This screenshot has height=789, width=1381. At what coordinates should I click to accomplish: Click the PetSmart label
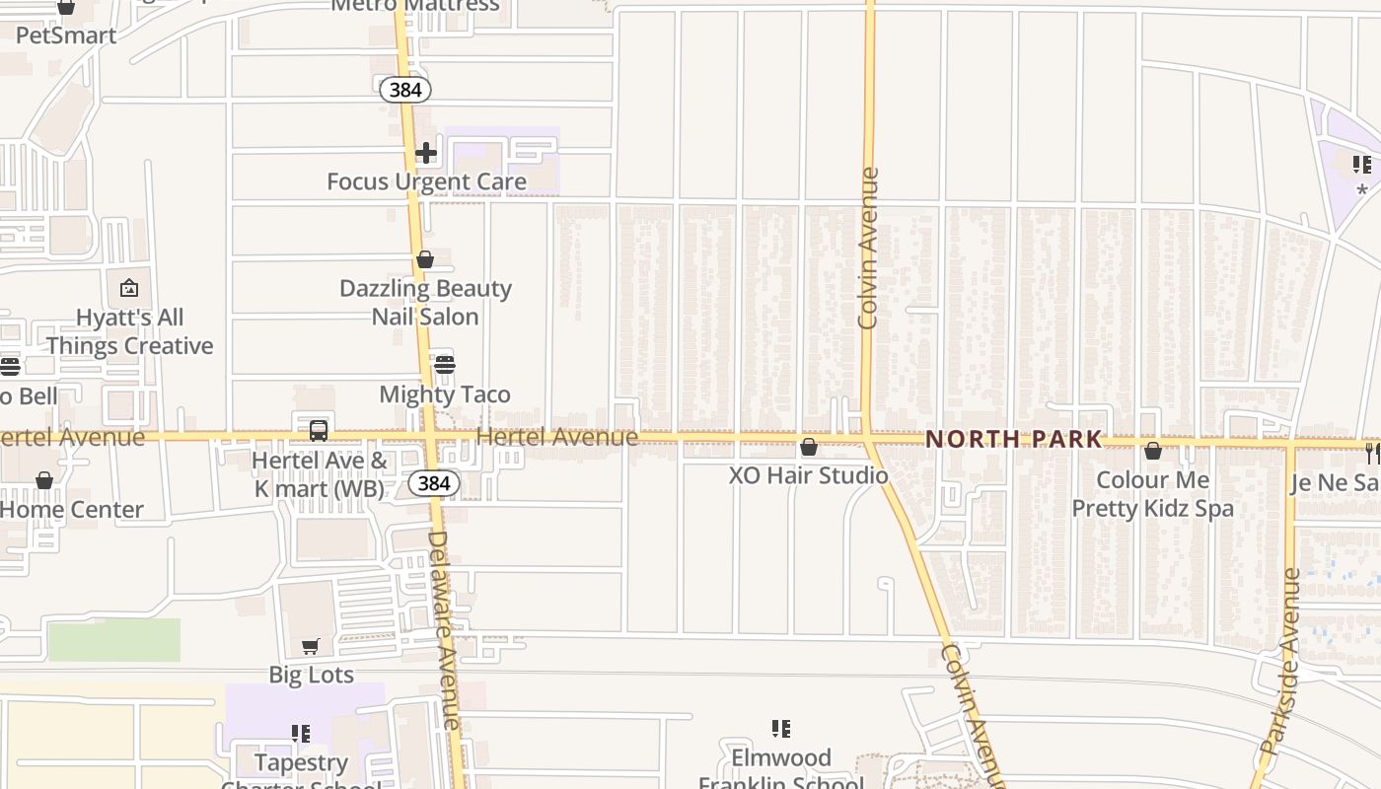pos(66,36)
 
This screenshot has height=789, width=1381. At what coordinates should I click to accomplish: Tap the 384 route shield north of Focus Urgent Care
pos(405,90)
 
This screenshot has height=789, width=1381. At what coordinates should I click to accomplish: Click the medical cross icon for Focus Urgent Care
pos(426,153)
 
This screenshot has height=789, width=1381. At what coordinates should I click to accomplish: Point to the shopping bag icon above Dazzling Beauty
pos(425,259)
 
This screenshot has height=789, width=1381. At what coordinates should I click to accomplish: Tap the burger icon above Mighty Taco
pos(445,365)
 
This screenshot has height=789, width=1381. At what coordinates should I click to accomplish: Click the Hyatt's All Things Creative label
pos(129,331)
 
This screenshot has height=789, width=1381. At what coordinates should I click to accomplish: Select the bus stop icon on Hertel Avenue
pos(318,430)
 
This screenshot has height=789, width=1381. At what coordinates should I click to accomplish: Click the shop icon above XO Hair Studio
pos(809,447)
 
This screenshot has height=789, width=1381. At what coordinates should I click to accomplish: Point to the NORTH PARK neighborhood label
pos(1013,439)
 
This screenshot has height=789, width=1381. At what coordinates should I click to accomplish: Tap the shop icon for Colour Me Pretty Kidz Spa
pos(1153,451)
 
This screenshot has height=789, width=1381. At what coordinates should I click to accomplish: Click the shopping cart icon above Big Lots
pos(311,646)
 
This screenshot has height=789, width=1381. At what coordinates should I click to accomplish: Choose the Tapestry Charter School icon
pos(301,734)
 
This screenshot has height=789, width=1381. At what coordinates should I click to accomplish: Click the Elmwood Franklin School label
pos(780,770)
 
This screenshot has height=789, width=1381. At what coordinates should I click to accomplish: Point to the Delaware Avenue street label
pos(446,631)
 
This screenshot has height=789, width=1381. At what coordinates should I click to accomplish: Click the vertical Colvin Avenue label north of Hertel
pos(868,248)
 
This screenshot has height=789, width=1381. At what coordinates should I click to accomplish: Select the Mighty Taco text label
pos(445,394)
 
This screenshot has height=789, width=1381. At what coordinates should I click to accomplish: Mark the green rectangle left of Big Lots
pos(114,640)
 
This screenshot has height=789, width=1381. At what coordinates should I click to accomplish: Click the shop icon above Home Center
pos(44,480)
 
